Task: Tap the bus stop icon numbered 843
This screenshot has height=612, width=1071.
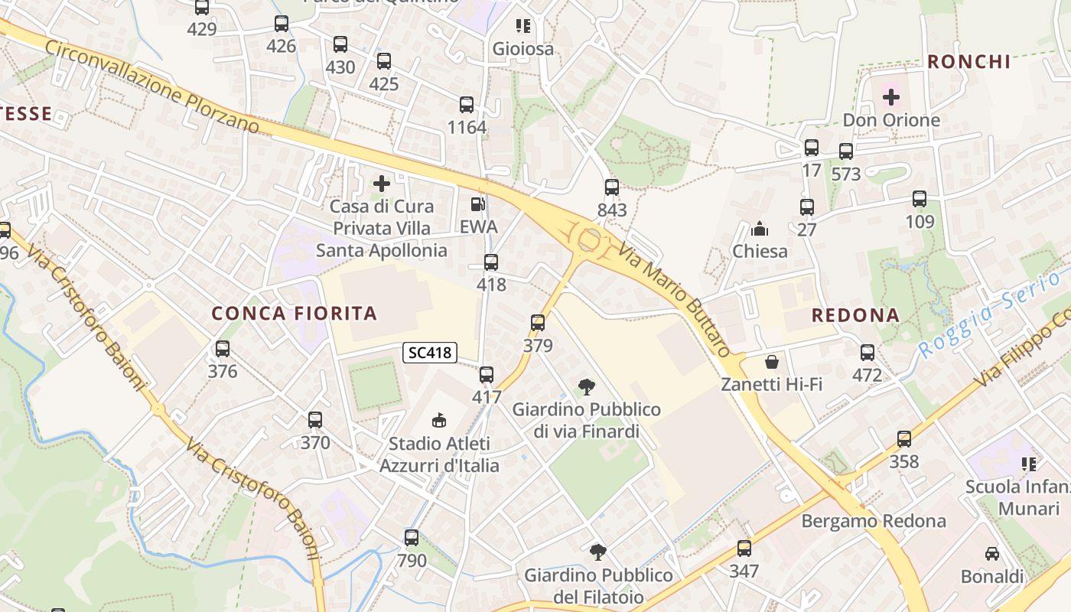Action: point(612,187)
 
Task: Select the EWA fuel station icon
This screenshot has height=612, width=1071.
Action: point(478,204)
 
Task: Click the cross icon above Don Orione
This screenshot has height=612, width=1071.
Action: point(891,97)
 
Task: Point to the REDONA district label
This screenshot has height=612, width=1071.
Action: point(855,315)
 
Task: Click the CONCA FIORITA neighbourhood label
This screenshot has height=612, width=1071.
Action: point(295,313)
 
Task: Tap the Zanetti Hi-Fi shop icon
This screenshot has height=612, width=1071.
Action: point(772,361)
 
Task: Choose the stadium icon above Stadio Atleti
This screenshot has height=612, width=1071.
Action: point(439,420)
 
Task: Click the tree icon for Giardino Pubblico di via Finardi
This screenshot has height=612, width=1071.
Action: point(587,386)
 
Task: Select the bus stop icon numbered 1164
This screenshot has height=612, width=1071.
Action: point(467,105)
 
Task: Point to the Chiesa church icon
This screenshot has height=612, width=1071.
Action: point(760,228)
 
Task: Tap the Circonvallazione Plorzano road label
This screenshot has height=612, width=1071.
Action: point(152,86)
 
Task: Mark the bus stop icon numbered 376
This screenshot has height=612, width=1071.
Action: point(223,349)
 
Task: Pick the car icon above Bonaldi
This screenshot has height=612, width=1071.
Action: point(992,553)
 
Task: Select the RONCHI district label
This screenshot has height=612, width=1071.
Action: point(969,62)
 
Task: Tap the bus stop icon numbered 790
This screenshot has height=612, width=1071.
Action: point(412,538)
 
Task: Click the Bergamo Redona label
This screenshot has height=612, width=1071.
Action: point(874,521)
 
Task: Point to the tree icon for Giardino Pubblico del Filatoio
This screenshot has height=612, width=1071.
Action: point(598,552)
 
